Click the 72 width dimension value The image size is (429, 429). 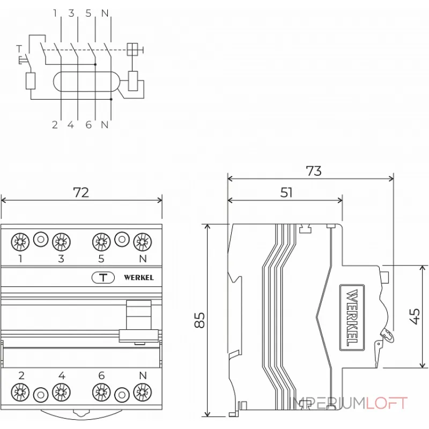[81, 193]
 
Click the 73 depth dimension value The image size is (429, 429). [314, 171]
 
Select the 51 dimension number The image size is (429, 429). [287, 193]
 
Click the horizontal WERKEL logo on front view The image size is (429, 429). [138, 277]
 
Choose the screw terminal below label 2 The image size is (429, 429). [20, 393]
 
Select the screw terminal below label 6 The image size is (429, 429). [101, 393]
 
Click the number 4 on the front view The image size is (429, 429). [61, 375]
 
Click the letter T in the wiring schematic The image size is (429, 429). [19, 48]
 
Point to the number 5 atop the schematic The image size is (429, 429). [88, 13]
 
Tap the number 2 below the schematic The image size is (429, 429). [55, 125]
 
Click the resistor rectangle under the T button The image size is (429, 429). [31, 80]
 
